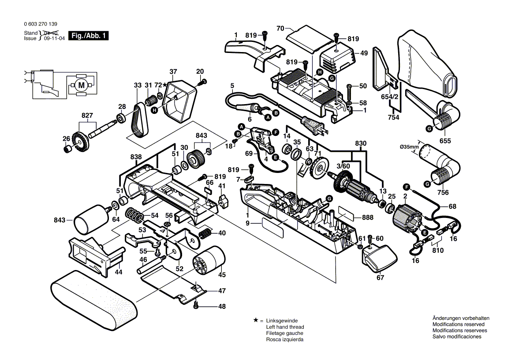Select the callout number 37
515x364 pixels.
[x=173, y=71]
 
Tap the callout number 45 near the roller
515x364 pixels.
[x=222, y=274]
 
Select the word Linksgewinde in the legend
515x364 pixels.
[x=282, y=321]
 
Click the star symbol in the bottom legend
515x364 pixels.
[x=255, y=320]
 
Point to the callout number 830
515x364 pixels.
[x=360, y=143]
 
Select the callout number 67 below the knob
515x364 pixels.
[x=380, y=278]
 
